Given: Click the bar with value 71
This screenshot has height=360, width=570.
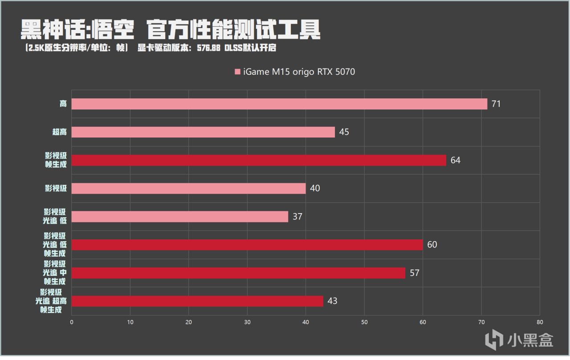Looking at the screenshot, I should (x=279, y=104).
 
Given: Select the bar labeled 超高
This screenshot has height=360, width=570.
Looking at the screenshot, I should (x=203, y=132).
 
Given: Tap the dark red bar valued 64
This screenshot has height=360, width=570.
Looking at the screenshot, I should (x=259, y=160).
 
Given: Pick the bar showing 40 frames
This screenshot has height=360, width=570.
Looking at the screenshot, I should (x=188, y=188).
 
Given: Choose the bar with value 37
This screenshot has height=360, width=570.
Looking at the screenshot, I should (x=180, y=217).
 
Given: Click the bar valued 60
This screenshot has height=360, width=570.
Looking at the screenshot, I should (x=247, y=245).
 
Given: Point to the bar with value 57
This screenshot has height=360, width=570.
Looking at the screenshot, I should (x=238, y=273).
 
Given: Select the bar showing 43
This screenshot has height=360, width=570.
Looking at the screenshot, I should (x=197, y=301).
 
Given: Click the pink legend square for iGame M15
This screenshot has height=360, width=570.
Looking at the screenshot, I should (x=237, y=72).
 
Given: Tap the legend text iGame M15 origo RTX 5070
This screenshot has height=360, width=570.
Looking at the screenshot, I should (x=299, y=72).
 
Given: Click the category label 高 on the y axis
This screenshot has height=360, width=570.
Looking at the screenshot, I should (x=63, y=104).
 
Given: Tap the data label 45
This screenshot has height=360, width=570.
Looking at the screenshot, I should (x=344, y=132).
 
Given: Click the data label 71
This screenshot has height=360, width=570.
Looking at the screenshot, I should (x=497, y=104).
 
